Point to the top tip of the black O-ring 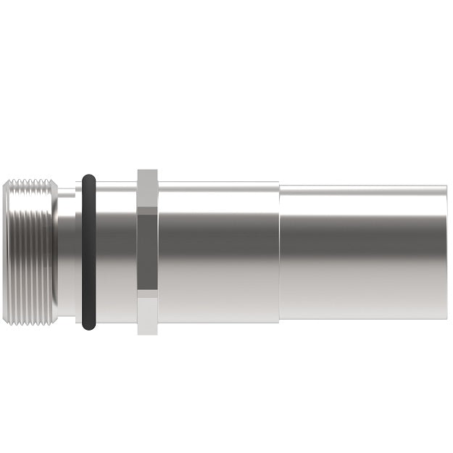(x=88, y=175)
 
